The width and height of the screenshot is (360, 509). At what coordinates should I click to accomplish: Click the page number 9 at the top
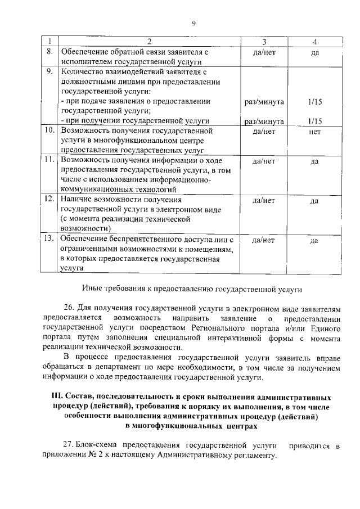(193, 23)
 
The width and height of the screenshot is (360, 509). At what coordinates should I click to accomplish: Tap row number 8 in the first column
(49, 51)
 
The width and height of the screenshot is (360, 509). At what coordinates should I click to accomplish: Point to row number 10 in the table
(49, 130)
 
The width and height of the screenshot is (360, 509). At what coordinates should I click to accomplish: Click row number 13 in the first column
(49, 240)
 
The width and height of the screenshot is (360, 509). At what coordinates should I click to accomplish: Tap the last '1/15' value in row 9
(314, 120)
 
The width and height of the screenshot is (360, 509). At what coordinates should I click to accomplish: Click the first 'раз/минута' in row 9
(264, 102)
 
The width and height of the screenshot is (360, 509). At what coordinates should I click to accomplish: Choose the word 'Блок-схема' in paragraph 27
(96, 445)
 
